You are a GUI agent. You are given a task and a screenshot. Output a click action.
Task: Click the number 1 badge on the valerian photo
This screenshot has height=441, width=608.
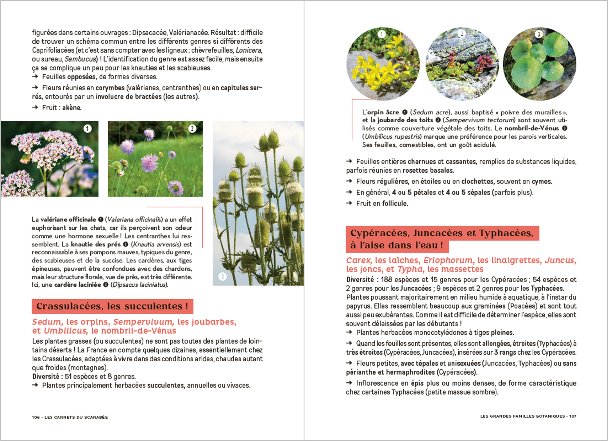(88, 129)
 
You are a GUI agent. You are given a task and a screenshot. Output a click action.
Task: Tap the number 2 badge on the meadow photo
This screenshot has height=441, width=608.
(192, 129)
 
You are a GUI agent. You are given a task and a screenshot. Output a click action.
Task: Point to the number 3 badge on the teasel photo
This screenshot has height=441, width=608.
(222, 277)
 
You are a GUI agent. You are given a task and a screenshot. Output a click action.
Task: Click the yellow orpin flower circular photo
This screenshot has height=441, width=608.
(383, 64)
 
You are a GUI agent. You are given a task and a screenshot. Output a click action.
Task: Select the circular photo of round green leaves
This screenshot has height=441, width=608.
(540, 64)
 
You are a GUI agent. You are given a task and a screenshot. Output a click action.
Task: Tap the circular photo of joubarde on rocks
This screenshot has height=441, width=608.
(462, 64)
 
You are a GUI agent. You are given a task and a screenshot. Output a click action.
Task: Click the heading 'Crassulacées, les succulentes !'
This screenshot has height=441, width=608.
(112, 306)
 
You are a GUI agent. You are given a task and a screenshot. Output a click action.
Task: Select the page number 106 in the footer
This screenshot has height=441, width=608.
(36, 417)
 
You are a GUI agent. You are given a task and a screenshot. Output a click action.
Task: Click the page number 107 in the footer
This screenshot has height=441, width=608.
(572, 416)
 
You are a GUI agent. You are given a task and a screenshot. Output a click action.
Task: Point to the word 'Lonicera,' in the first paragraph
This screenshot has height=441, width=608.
(249, 50)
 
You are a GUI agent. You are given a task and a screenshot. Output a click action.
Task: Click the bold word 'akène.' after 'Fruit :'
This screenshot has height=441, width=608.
(72, 108)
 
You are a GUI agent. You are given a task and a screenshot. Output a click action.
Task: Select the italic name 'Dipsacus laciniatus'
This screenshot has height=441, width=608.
(139, 285)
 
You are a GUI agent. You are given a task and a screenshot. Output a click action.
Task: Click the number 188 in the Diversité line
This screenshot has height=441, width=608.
(386, 280)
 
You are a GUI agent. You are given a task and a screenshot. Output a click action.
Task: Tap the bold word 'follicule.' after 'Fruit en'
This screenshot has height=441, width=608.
(395, 204)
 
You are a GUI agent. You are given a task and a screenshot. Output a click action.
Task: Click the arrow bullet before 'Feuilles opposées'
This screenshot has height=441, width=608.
(35, 77)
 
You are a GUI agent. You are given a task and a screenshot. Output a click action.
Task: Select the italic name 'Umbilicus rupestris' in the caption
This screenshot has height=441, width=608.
(393, 137)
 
